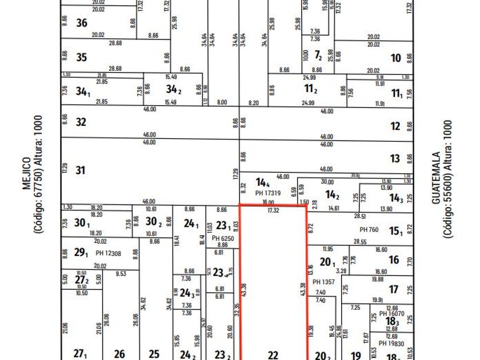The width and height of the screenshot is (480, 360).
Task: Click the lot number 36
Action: click(x=82, y=23)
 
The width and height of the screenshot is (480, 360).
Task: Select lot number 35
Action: click(x=82, y=57)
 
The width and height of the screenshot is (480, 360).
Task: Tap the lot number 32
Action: click(x=81, y=122)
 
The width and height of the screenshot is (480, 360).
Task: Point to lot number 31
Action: click(x=81, y=170)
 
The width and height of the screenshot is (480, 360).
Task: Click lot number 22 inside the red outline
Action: click(x=273, y=355)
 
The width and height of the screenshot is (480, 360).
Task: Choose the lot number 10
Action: click(x=395, y=58)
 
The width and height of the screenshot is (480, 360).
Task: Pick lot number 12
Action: click(x=395, y=127)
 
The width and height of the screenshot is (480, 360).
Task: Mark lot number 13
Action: click(x=395, y=159)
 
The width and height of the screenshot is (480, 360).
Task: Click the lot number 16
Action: click(x=394, y=260)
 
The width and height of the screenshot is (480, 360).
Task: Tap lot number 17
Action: click(x=394, y=289)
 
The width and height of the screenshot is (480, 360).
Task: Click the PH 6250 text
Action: click(x=222, y=238)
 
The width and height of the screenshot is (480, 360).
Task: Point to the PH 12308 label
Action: click(x=109, y=252)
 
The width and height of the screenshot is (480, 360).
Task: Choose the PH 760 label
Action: click(x=369, y=230)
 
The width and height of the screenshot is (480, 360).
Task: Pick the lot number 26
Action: click(x=119, y=354)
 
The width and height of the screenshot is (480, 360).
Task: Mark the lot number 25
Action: click(x=154, y=354)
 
